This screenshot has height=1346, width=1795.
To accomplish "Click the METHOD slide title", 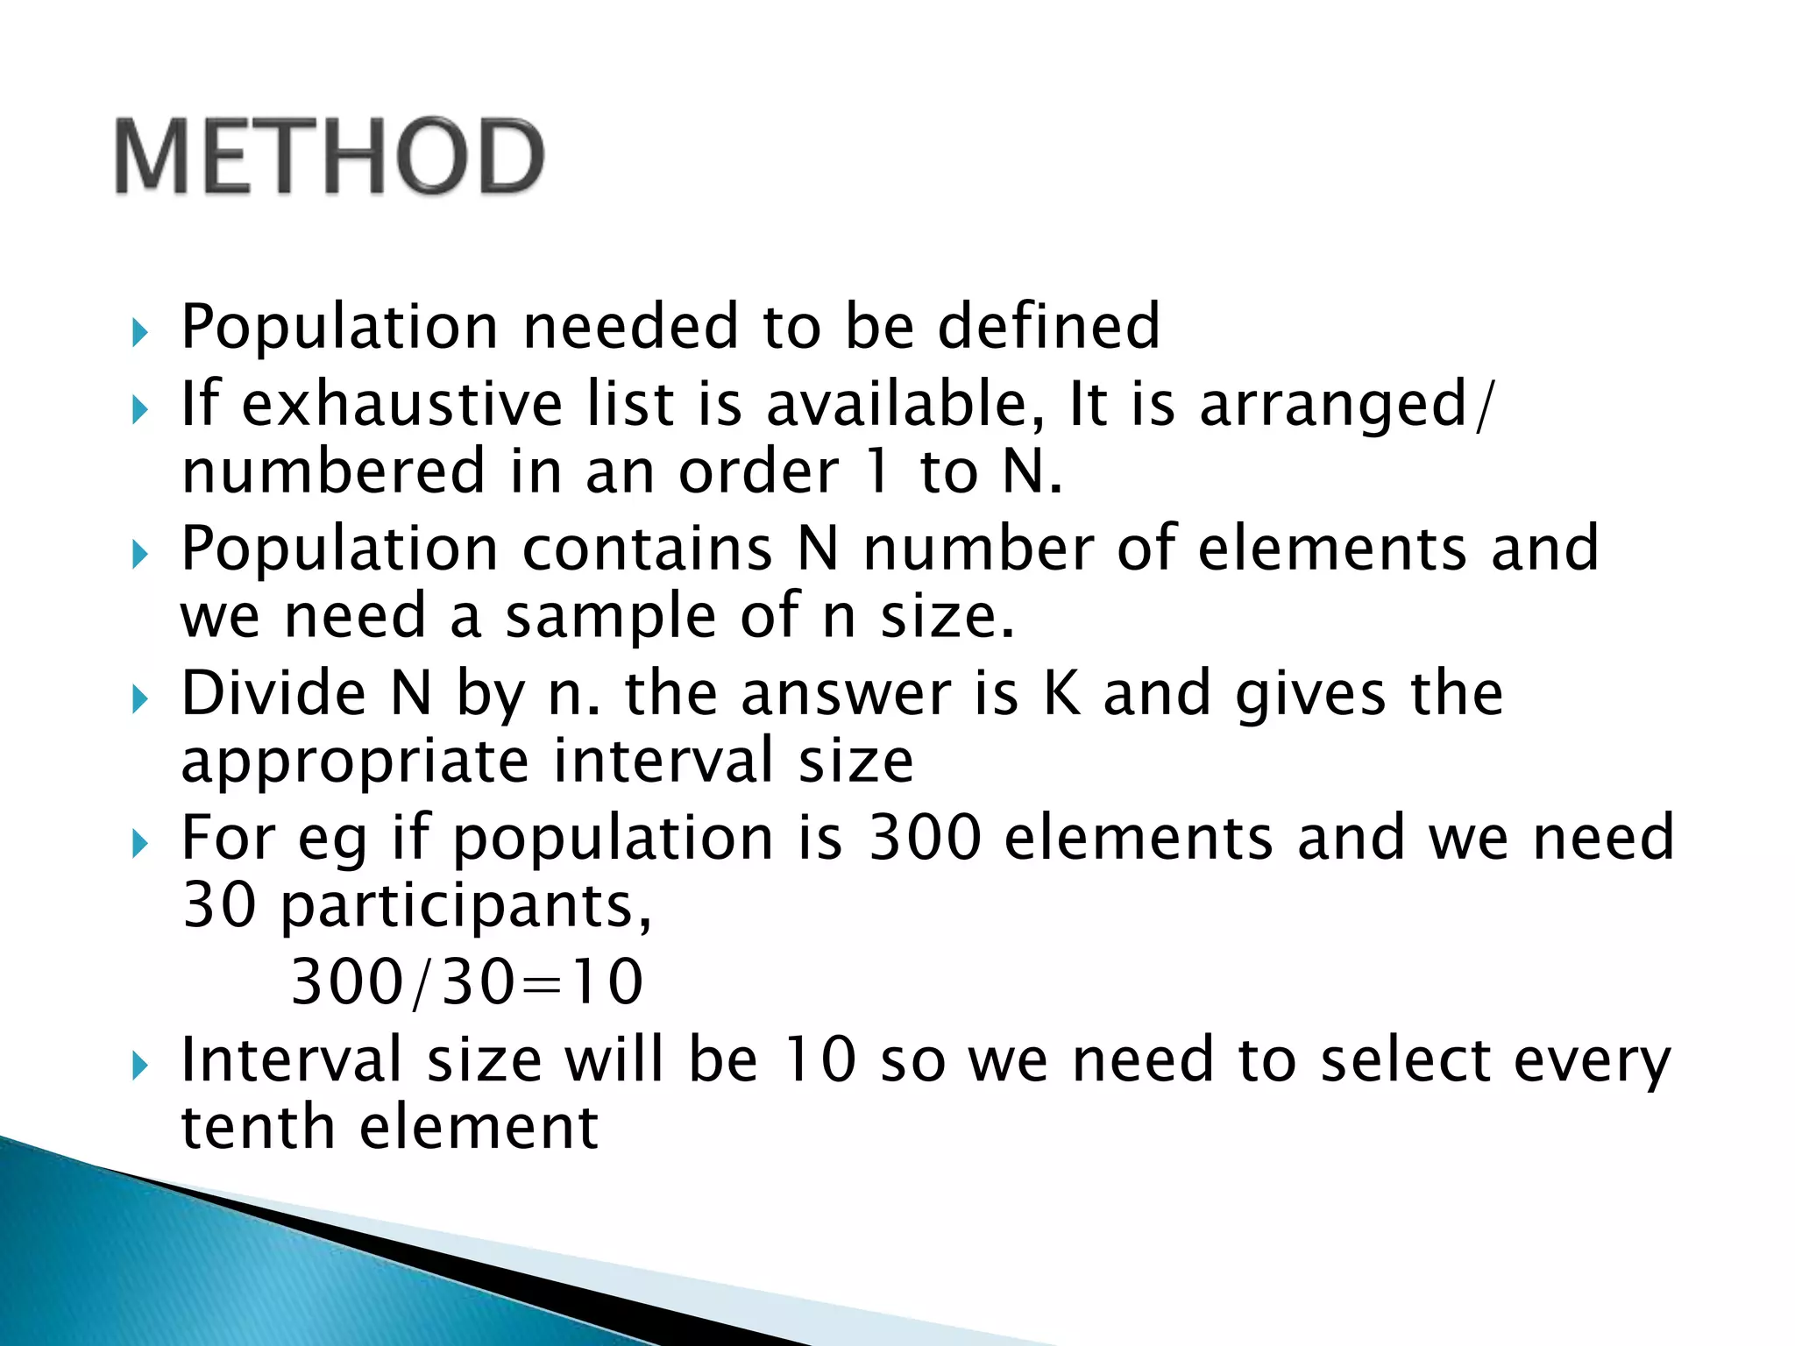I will [x=330, y=156].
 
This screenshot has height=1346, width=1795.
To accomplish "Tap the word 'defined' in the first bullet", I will [x=1049, y=326].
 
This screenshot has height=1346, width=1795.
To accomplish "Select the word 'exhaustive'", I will [x=401, y=404].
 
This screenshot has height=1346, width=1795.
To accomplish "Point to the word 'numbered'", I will [x=333, y=471].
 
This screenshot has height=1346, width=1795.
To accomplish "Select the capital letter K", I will [x=1062, y=693].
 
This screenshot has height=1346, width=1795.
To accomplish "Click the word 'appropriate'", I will [x=354, y=761].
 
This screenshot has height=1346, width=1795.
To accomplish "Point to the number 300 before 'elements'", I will [x=925, y=838].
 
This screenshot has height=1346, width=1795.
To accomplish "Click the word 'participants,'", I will [x=466, y=905].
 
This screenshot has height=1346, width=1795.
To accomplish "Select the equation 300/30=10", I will [x=467, y=981].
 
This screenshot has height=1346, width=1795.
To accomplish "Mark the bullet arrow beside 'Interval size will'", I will [x=140, y=1066].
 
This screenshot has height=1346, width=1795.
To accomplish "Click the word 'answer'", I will [x=846, y=693].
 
